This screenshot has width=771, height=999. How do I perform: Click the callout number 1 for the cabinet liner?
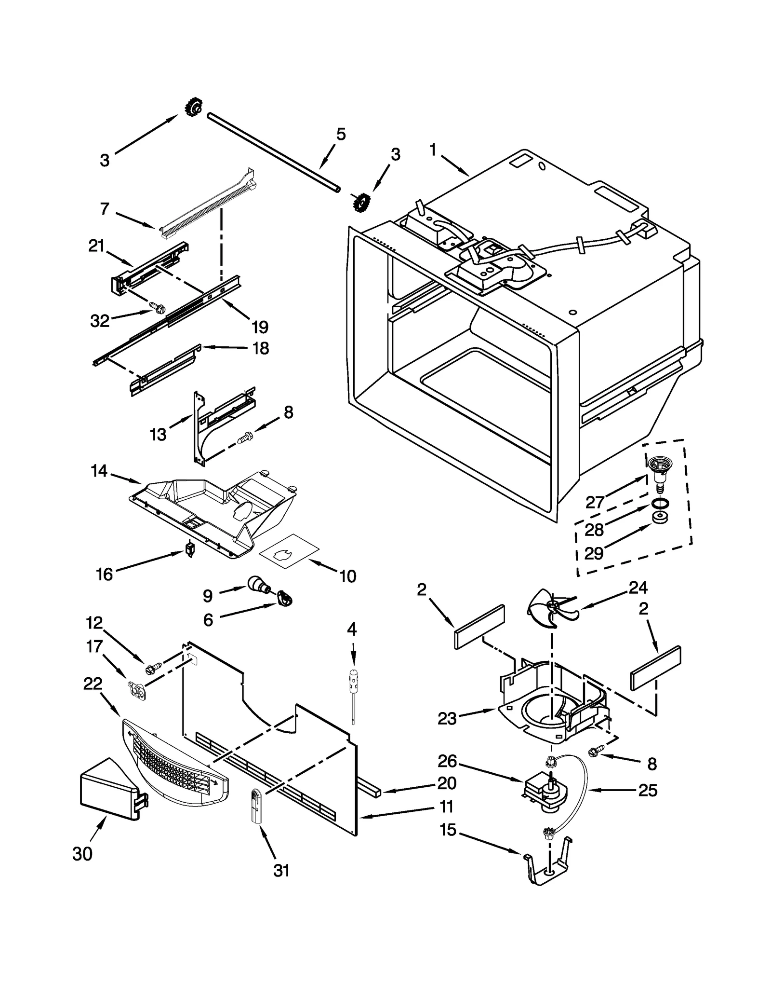(433, 150)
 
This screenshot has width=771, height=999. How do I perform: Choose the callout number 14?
(99, 470)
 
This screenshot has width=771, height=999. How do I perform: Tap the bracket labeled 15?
(548, 867)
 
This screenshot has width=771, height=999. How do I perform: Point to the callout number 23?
(447, 732)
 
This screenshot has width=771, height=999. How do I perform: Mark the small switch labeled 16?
(190, 549)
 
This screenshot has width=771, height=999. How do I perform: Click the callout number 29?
(594, 553)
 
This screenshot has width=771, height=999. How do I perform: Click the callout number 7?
(105, 209)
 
